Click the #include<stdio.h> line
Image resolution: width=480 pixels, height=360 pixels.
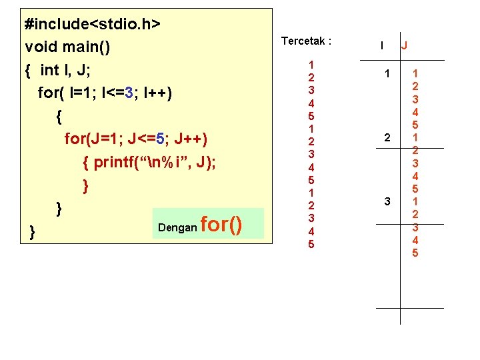(92, 24)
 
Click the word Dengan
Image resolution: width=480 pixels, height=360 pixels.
(177, 227)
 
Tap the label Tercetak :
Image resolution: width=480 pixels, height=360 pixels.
(306, 41)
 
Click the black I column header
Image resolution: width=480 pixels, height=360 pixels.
(381, 46)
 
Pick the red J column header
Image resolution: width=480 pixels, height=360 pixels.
(405, 47)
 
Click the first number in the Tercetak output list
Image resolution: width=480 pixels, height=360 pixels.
(311, 65)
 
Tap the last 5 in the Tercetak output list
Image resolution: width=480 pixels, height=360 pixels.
(311, 244)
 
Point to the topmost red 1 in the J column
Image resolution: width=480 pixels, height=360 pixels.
(415, 73)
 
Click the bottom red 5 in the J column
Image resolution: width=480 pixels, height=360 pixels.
(415, 253)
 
